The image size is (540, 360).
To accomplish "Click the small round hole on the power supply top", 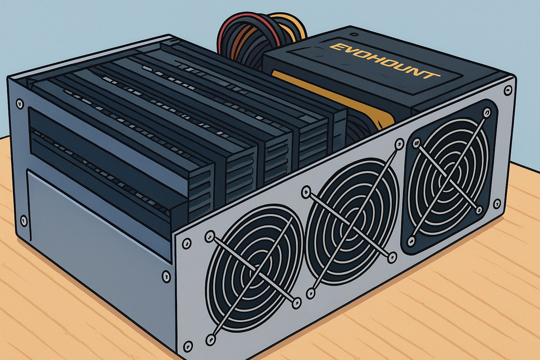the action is click(353, 34).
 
